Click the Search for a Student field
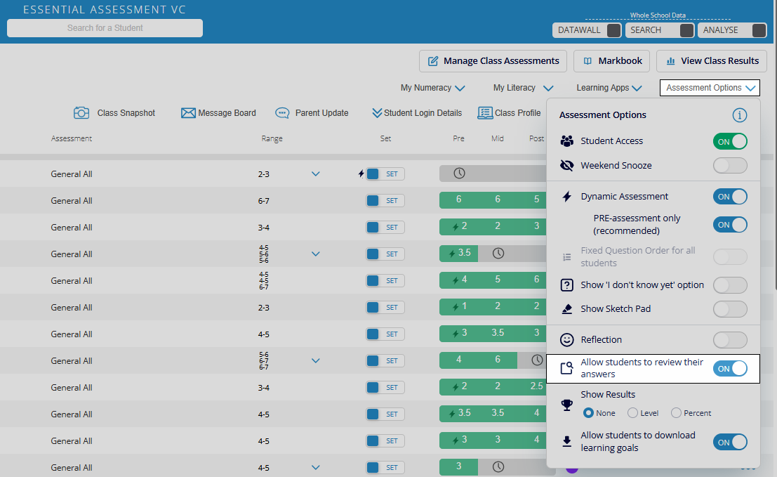point(105,28)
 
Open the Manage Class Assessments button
point(493,61)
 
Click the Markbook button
point(612,61)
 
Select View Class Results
point(711,61)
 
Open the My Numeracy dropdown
point(432,88)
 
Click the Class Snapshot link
point(114,113)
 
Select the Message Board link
point(218,113)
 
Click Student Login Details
point(417,113)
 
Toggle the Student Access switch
point(730,141)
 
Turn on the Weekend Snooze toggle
point(730,166)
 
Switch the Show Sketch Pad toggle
point(730,309)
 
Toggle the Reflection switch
point(730,340)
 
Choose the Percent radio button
point(677,413)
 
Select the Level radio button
point(632,413)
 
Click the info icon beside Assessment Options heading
point(739,115)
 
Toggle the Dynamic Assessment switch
point(730,197)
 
